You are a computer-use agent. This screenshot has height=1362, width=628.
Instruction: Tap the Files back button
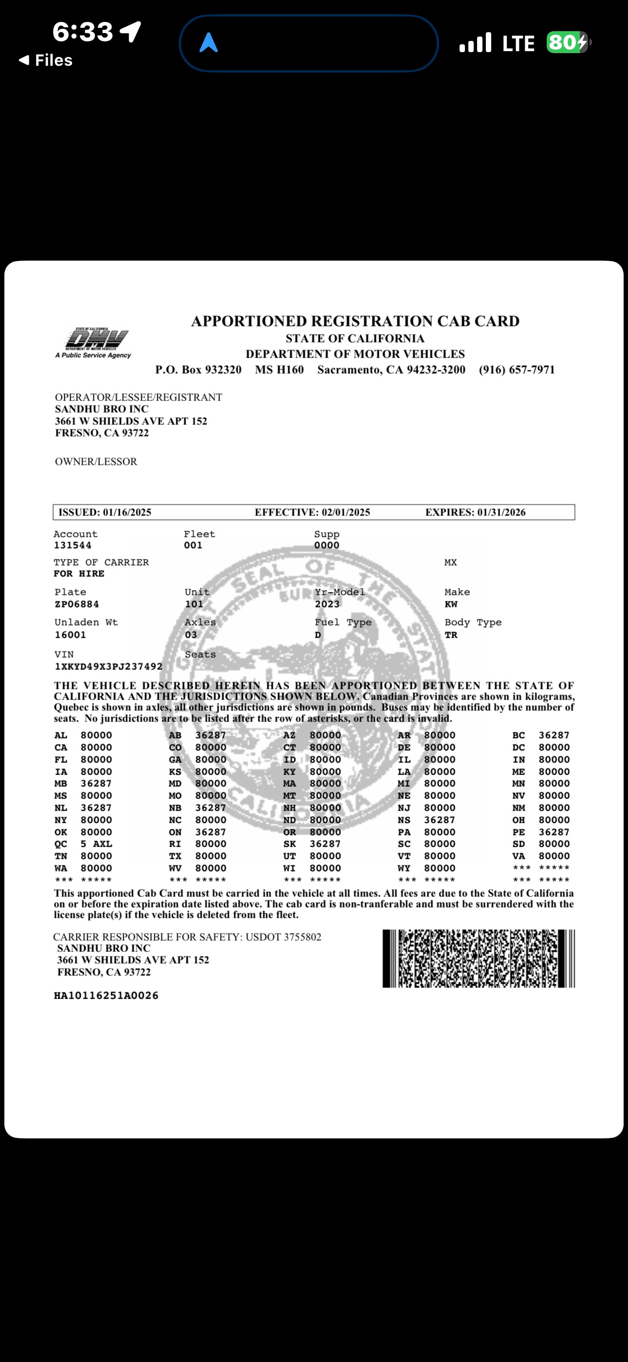click(x=46, y=60)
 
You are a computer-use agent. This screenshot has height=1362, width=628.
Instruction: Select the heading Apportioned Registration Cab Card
click(x=355, y=322)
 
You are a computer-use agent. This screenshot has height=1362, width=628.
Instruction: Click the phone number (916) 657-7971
click(x=517, y=370)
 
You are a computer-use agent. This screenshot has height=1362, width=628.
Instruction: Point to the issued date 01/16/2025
click(x=127, y=512)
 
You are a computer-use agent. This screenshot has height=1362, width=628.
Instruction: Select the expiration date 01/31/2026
click(x=501, y=512)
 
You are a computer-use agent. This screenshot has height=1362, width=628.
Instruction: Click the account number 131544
click(x=73, y=546)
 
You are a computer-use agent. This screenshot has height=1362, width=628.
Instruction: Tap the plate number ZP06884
click(x=76, y=605)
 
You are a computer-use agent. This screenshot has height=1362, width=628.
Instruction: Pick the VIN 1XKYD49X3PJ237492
click(x=109, y=667)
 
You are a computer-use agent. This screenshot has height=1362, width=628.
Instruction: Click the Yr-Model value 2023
click(x=327, y=605)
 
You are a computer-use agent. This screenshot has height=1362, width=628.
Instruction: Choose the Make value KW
click(x=451, y=605)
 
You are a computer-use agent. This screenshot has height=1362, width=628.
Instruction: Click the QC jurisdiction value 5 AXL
click(x=96, y=844)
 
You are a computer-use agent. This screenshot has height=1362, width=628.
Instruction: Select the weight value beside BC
click(x=554, y=736)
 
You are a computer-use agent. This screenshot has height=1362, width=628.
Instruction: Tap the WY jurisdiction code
click(x=404, y=868)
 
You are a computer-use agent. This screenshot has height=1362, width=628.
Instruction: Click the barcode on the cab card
click(x=479, y=959)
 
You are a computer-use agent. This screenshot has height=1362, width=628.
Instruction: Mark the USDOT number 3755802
click(x=302, y=937)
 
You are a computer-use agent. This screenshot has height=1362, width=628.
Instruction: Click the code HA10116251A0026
click(x=106, y=996)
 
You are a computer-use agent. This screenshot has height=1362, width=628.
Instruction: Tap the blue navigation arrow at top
click(x=209, y=43)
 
